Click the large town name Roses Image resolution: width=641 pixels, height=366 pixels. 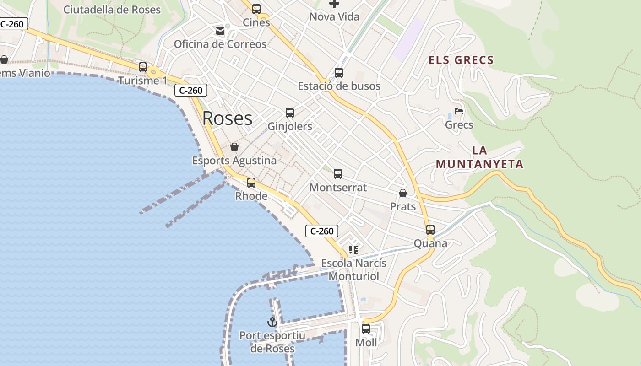click(227, 118)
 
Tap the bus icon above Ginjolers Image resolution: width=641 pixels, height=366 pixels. click(290, 113)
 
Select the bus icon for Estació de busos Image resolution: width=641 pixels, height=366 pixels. click(339, 72)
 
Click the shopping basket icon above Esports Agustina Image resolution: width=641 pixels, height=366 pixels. click(234, 147)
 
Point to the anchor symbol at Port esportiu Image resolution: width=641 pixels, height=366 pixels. click(272, 322)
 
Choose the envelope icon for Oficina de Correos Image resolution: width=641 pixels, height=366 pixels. click(220, 31)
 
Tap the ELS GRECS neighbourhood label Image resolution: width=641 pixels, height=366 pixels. click(461, 60)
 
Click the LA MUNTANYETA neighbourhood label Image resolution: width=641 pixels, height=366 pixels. click(479, 157)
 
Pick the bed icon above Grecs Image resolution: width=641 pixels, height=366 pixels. click(459, 111)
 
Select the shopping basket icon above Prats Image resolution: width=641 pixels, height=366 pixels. click(403, 193)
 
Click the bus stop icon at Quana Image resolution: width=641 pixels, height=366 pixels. click(430, 230)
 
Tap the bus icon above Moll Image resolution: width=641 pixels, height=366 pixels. click(366, 329)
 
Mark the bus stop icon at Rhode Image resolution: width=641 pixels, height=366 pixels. click(251, 183)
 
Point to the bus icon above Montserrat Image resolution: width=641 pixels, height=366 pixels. click(338, 174)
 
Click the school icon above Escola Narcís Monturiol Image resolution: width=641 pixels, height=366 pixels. click(353, 250)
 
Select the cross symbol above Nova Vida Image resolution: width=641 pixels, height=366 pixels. click(334, 4)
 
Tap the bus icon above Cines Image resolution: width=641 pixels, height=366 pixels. click(256, 9)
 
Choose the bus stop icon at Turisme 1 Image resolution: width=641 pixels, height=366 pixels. click(143, 67)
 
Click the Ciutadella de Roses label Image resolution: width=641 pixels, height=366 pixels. click(112, 10)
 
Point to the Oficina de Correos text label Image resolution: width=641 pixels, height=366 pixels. click(220, 44)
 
